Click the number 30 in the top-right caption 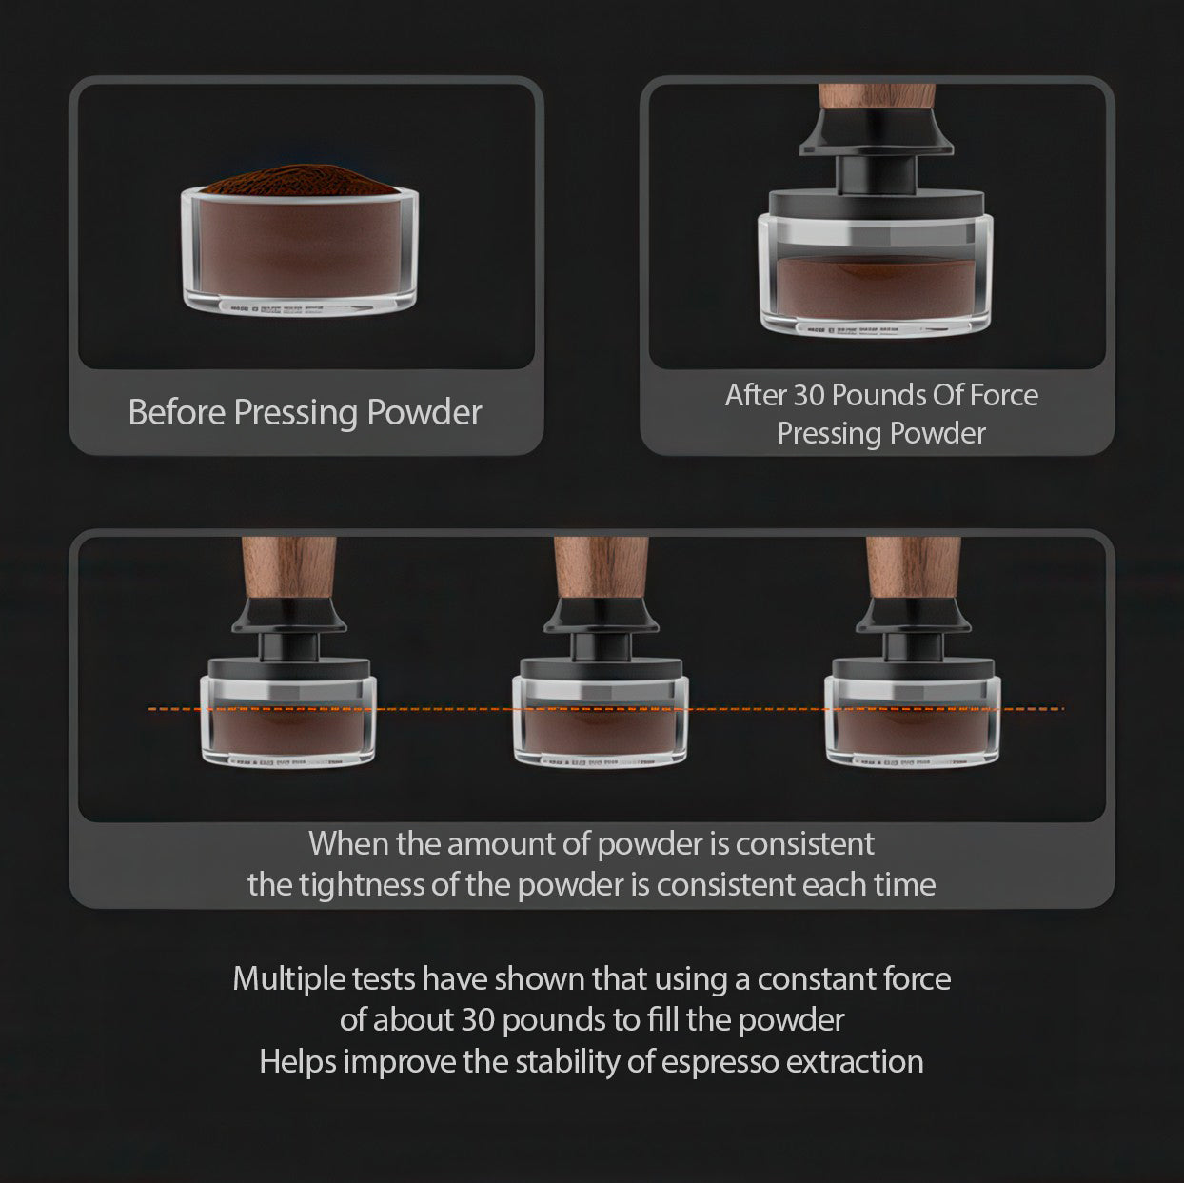pyautogui.click(x=810, y=395)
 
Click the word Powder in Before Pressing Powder pyautogui.click(x=424, y=413)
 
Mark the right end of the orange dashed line pyautogui.click(x=1062, y=708)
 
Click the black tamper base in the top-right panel pyautogui.click(x=876, y=202)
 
